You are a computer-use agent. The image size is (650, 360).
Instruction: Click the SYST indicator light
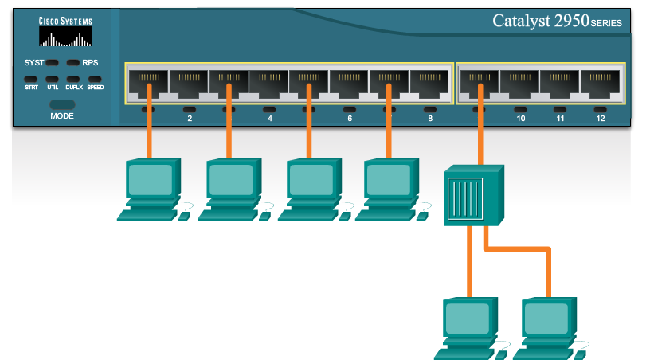click(x=53, y=62)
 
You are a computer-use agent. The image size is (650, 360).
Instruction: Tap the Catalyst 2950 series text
click(x=557, y=22)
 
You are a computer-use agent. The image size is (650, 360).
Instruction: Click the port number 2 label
click(x=190, y=119)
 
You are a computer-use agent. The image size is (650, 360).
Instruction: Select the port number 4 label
click(x=270, y=119)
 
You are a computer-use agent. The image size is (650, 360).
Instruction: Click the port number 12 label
click(x=601, y=119)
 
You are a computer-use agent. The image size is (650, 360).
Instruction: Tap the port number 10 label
click(x=520, y=119)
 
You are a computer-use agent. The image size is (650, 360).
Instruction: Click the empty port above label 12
click(x=600, y=83)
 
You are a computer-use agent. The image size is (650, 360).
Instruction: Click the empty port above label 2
click(x=189, y=83)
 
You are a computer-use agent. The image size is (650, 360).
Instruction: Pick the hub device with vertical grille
click(x=473, y=196)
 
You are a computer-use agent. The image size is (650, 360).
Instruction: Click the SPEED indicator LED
click(x=95, y=80)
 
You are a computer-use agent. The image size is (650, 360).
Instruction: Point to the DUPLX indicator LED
click(x=74, y=80)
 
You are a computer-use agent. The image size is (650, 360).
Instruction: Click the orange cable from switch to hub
click(x=480, y=127)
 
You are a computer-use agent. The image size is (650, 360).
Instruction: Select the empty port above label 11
click(x=560, y=83)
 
